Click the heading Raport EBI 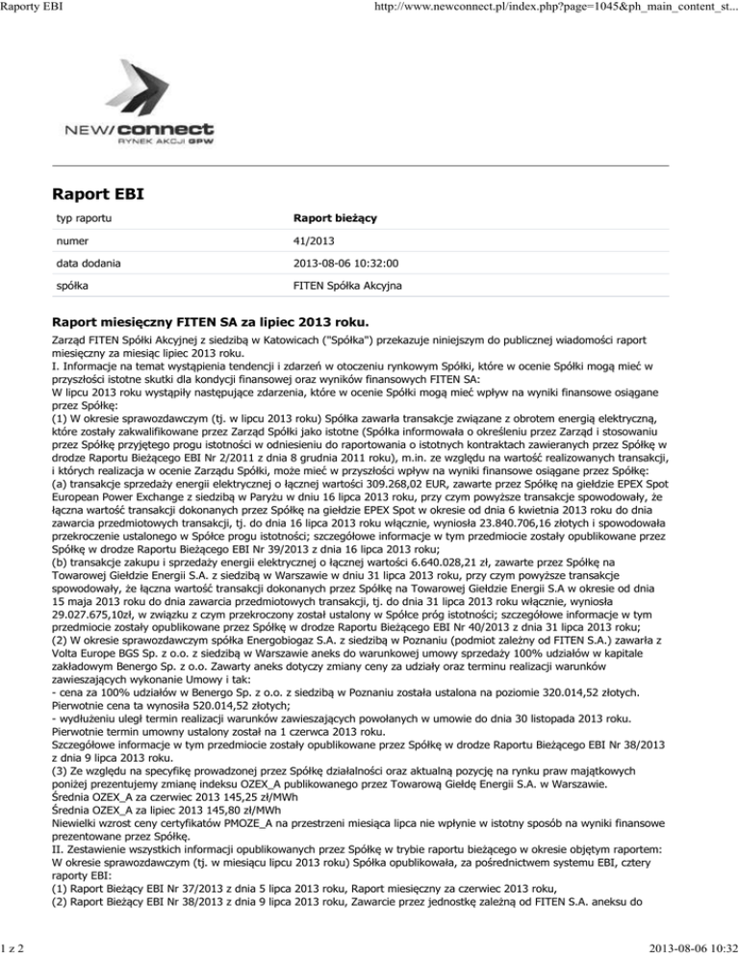click(x=98, y=194)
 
